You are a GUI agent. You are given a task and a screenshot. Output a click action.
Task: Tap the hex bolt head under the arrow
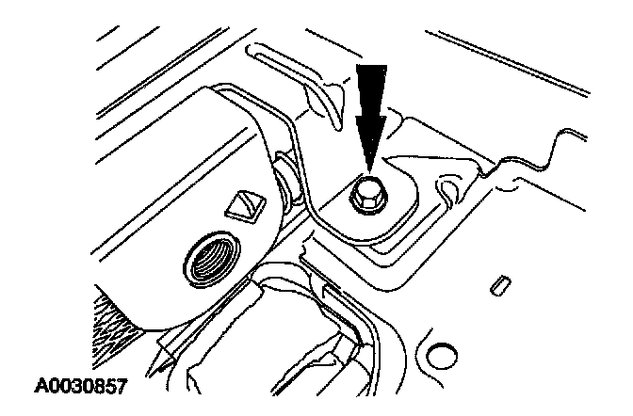pos(366,194)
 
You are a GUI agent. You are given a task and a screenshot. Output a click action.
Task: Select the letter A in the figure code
pos(41,387)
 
